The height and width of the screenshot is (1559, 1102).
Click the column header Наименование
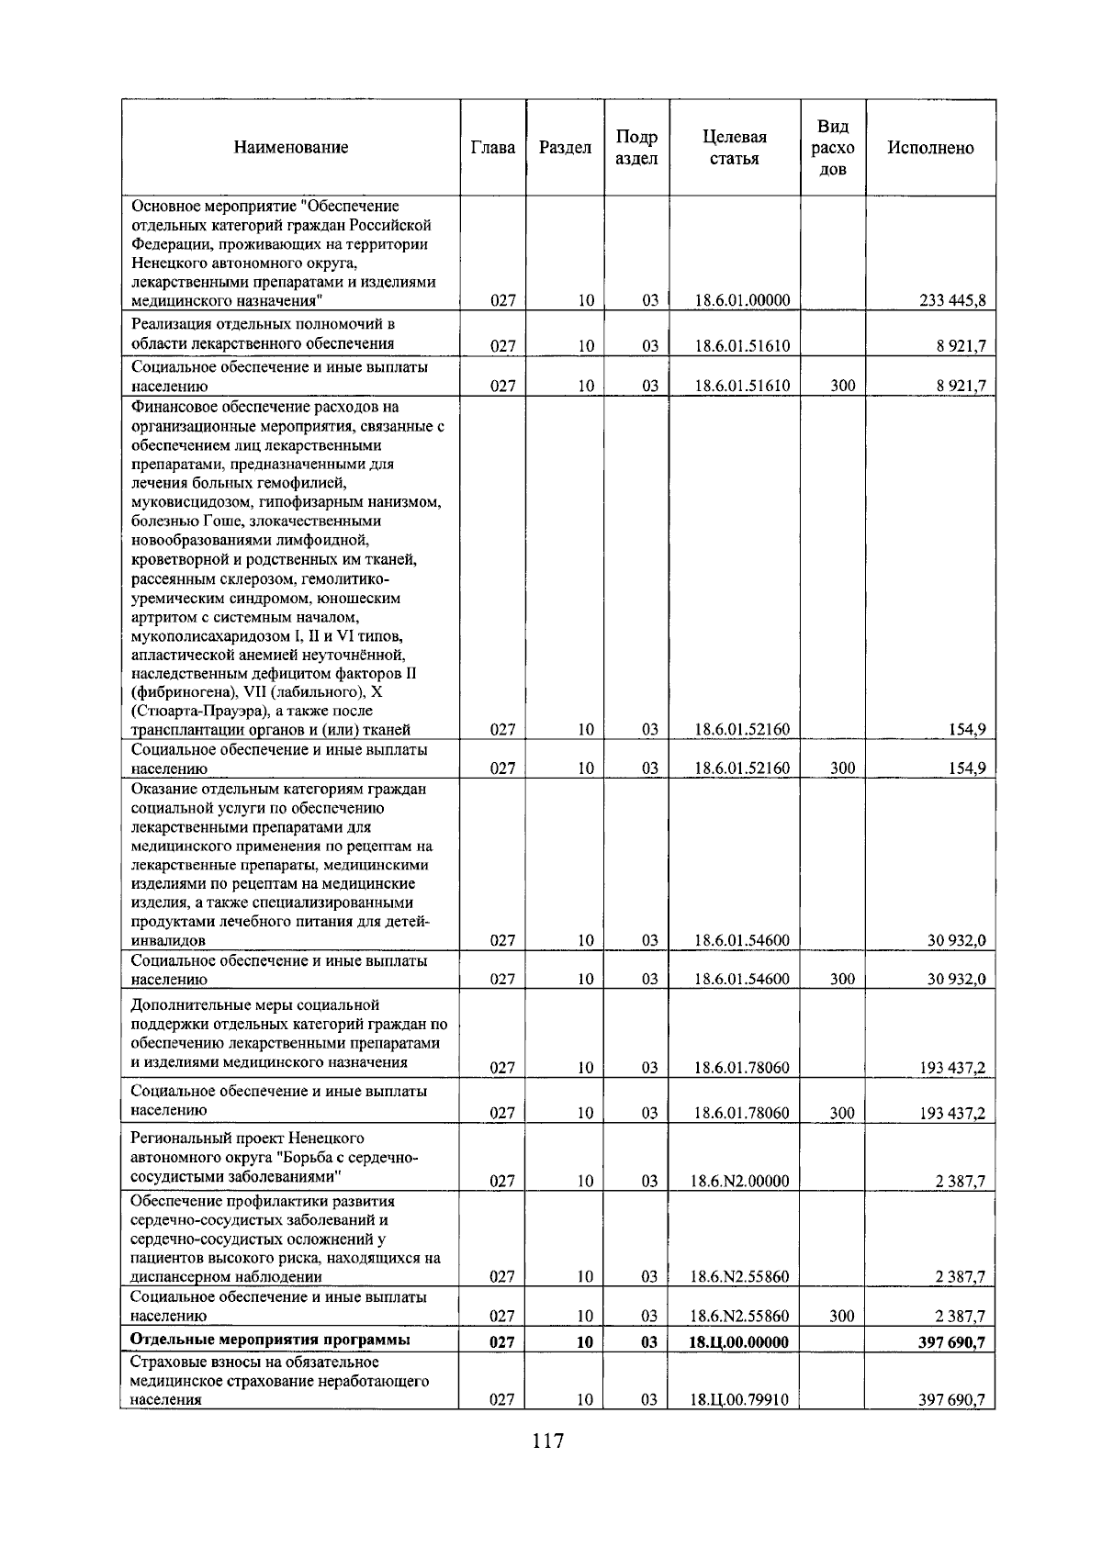point(290,148)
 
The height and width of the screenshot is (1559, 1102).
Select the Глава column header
point(492,148)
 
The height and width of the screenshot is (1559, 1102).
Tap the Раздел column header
point(565,148)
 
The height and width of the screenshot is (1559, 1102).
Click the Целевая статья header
point(734,148)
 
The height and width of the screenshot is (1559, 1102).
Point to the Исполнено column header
point(930,148)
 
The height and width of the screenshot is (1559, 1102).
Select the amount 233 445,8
point(952,301)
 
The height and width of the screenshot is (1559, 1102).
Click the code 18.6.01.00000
point(742,301)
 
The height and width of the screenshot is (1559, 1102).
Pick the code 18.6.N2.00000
point(739,1182)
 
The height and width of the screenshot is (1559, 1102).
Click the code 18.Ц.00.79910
point(739,1400)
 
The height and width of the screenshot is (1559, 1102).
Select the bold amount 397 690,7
point(951,1341)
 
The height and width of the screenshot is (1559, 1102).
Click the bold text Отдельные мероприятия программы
point(270,1340)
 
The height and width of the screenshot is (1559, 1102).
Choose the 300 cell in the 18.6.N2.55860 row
point(842,1316)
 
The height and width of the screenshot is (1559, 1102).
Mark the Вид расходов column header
point(833,148)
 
